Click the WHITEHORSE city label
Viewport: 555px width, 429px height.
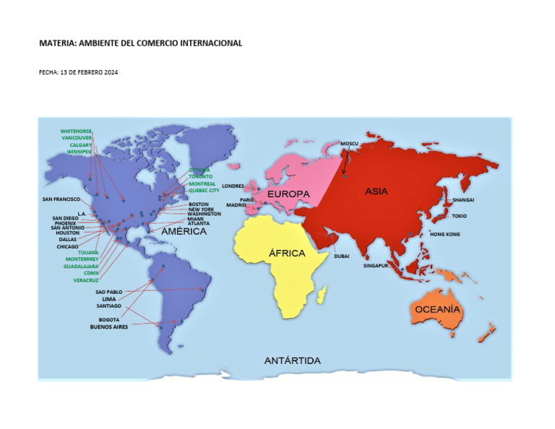76,131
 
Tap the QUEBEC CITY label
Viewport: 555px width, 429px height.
204,191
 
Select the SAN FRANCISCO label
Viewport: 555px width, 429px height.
61,199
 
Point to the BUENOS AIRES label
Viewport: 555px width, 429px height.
108,326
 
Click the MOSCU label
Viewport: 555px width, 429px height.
349,144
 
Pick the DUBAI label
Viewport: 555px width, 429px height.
342,256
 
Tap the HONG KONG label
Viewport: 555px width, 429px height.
444,234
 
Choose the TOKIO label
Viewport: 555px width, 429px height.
459,216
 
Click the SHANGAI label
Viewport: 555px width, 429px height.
463,199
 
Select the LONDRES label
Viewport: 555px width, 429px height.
233,186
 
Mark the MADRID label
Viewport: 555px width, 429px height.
236,205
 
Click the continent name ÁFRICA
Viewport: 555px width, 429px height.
287,253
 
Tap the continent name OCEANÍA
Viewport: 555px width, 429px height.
437,309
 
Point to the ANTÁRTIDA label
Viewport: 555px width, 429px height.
292,360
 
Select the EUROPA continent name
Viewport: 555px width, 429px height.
288,194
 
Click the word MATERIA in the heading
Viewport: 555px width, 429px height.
56,43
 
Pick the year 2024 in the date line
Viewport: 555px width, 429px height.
111,72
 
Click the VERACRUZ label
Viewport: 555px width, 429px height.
86,280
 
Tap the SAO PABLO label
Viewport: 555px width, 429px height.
109,292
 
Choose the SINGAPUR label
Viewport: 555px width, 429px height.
377,266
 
